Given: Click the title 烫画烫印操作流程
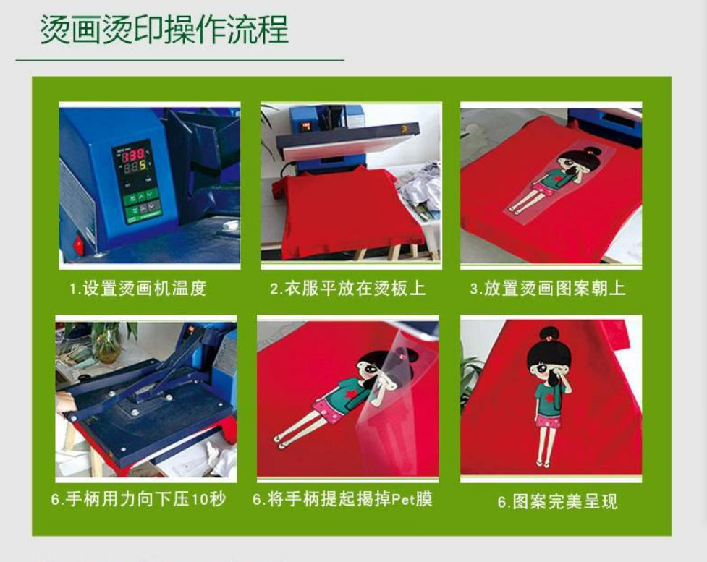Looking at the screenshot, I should (x=164, y=30).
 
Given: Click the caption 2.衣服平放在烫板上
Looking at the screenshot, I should (x=348, y=289).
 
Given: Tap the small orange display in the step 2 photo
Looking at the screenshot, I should (x=306, y=127).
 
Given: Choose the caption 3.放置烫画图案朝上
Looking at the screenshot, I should (x=548, y=289).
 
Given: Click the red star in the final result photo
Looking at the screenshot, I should (x=548, y=396).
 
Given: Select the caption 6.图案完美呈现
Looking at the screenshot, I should (x=557, y=501).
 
